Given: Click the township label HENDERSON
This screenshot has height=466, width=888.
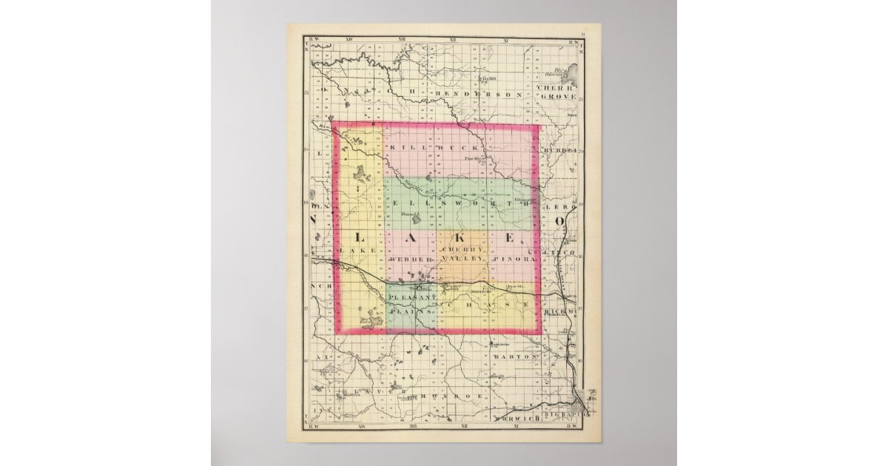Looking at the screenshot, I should pyautogui.click(x=478, y=95).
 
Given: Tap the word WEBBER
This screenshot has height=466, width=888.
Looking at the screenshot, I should pyautogui.click(x=408, y=261).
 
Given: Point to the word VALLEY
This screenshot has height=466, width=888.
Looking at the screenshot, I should pyautogui.click(x=463, y=260).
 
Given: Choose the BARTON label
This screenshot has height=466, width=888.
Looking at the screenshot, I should pyautogui.click(x=514, y=357).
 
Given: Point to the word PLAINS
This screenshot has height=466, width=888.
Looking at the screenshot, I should pyautogui.click(x=412, y=313).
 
